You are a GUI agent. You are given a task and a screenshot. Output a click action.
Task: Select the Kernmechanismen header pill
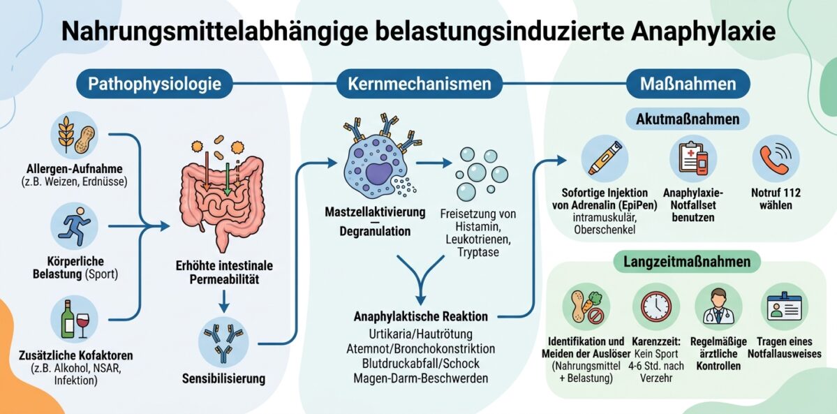[419, 84]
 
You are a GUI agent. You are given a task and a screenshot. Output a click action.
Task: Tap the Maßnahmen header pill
[688, 84]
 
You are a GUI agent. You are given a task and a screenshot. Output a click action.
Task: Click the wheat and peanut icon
[75, 135]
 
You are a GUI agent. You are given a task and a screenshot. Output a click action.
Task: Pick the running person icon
[75, 226]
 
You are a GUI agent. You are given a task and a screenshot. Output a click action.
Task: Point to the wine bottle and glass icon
[75, 320]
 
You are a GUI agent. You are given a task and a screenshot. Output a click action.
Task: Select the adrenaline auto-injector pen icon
[605, 158]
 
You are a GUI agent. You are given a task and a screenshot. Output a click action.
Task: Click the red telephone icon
[776, 158]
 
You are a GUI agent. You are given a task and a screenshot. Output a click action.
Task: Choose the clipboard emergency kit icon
[693, 158]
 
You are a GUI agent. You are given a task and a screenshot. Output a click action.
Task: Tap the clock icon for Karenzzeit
[655, 306]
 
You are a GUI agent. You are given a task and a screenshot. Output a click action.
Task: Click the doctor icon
[718, 306]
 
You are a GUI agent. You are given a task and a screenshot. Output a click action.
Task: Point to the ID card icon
[784, 306]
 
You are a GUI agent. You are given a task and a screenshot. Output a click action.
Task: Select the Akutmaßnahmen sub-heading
[688, 119]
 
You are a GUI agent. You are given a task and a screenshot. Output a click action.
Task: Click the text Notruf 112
[776, 193]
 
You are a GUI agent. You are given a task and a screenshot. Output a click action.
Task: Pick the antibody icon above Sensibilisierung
[223, 342]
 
